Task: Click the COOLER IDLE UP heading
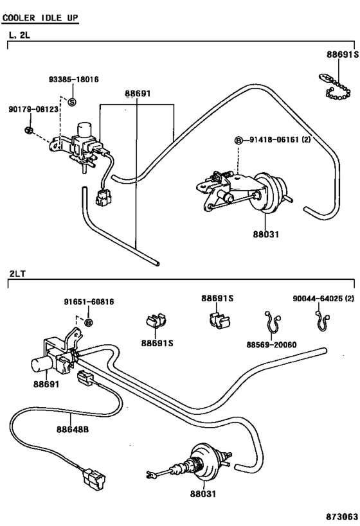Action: tap(40, 17)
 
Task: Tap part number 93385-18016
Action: tap(74, 80)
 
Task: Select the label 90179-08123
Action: tap(33, 109)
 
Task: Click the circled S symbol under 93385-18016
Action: tap(72, 101)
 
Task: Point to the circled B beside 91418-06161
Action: tap(238, 140)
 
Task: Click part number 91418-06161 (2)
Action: tap(280, 139)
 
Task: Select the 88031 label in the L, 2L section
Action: tap(266, 234)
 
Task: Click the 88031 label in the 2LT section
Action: tap(203, 494)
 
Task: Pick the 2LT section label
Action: tap(17, 274)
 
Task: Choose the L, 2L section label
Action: tap(19, 35)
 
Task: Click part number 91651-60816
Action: tap(89, 302)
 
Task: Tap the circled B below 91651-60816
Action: tap(88, 322)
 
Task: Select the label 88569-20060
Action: tap(272, 344)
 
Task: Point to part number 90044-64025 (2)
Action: tap(323, 298)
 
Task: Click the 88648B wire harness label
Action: tap(73, 429)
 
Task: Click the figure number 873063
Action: tap(341, 516)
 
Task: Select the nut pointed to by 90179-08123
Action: tap(29, 130)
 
